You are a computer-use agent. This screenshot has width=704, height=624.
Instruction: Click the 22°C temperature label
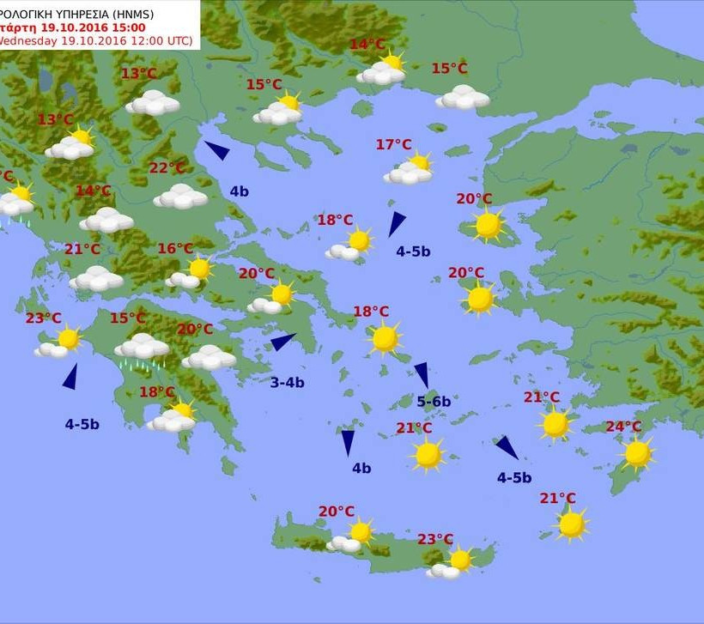click(x=167, y=168)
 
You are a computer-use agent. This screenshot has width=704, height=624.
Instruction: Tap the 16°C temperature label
click(x=175, y=249)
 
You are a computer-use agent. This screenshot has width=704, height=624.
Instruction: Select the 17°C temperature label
click(x=394, y=145)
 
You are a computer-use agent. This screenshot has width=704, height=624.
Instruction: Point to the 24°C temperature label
click(x=624, y=427)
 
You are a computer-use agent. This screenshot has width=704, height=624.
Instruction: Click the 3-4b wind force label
click(x=288, y=383)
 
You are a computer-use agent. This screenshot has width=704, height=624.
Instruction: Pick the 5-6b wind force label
click(x=434, y=401)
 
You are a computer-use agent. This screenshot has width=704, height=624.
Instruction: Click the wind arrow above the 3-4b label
click(x=284, y=342)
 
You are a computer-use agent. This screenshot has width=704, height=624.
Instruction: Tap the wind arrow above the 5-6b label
click(x=422, y=374)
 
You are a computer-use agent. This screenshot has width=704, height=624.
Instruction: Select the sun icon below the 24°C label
click(x=637, y=453)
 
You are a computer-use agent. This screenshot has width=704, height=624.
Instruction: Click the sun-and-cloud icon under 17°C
click(x=410, y=170)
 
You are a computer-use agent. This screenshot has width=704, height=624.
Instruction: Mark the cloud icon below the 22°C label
click(x=180, y=197)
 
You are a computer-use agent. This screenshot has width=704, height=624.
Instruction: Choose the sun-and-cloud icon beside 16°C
click(x=191, y=273)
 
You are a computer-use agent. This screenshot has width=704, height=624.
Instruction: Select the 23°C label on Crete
click(x=435, y=539)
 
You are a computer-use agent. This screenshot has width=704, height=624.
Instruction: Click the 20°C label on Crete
click(x=337, y=512)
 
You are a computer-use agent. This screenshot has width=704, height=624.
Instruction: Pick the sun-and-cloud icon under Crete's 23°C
click(x=452, y=563)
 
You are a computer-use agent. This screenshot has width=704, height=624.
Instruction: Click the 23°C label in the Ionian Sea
click(x=43, y=318)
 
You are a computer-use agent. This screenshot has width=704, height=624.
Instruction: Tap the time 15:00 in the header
click(x=120, y=27)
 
